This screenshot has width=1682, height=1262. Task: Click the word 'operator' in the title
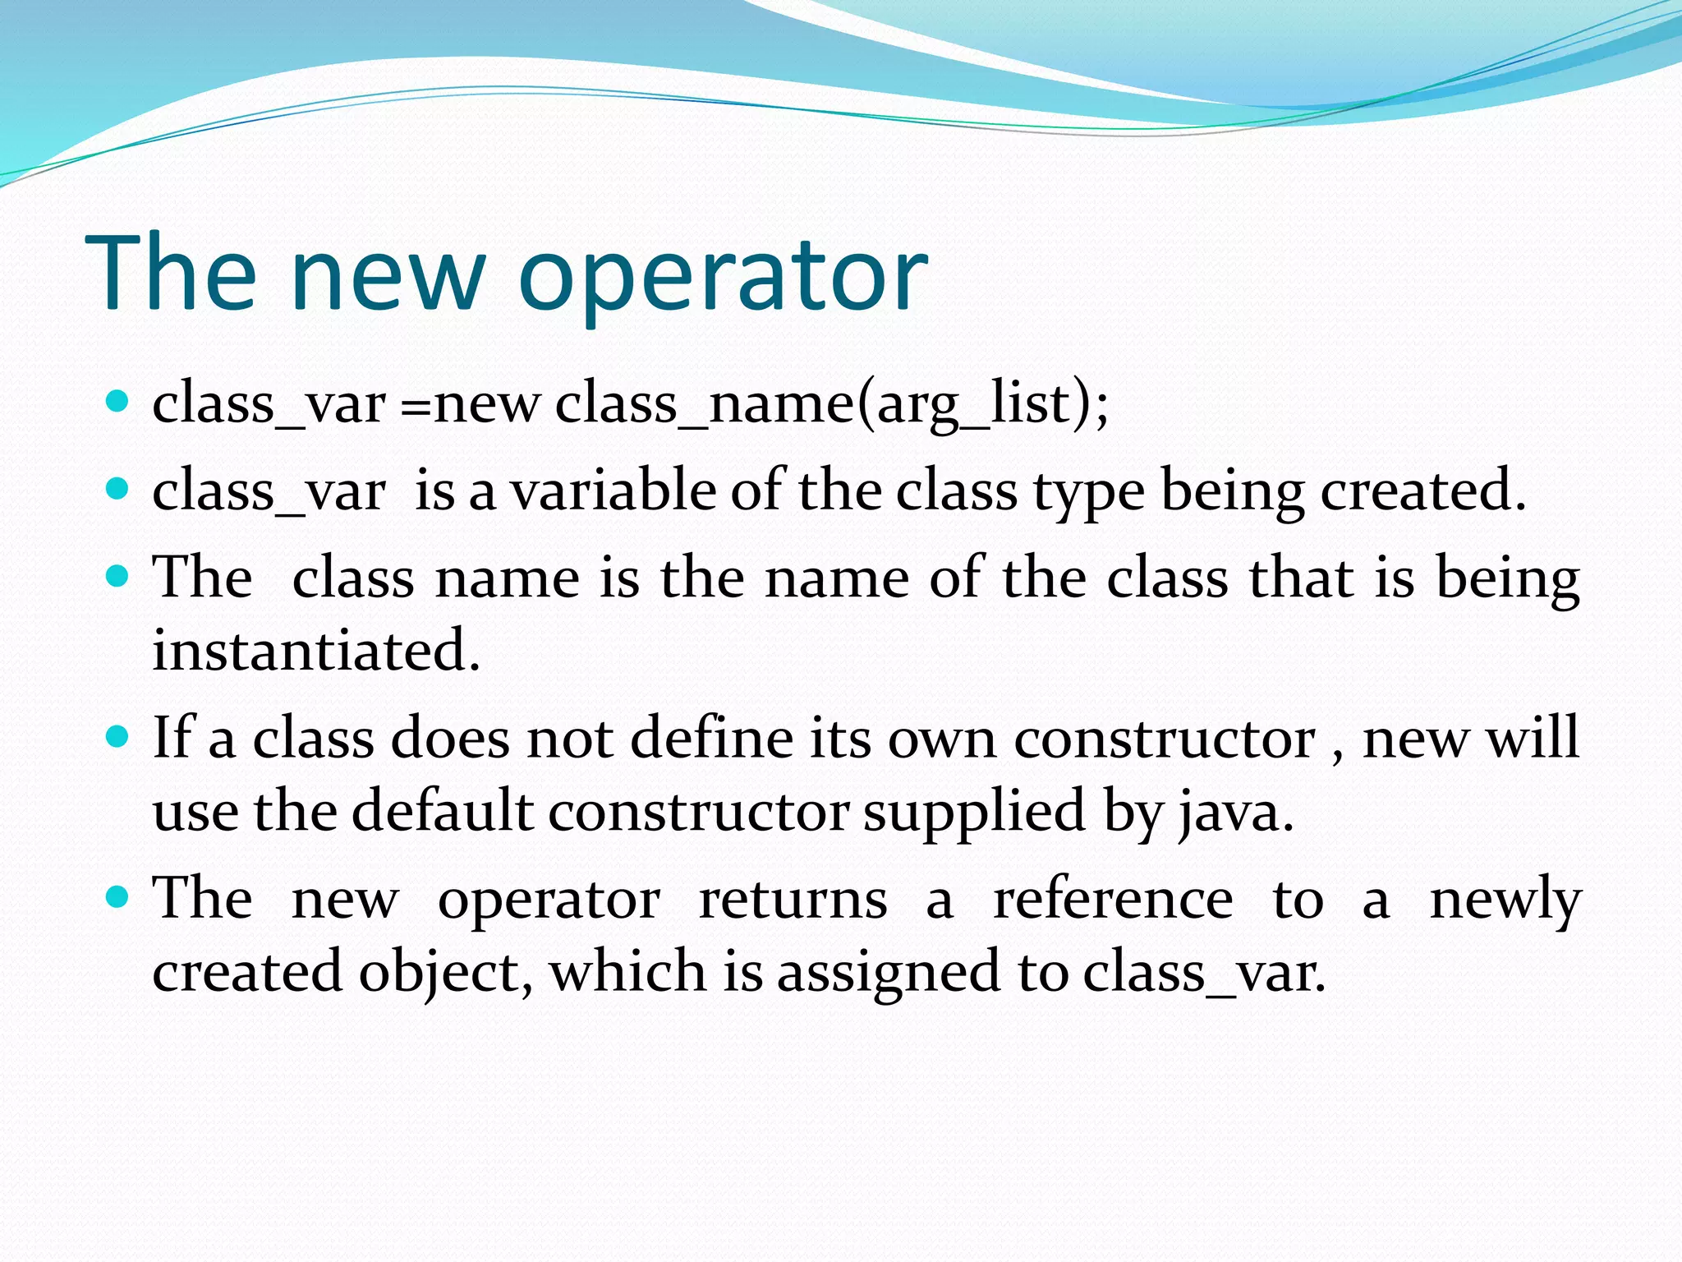723,275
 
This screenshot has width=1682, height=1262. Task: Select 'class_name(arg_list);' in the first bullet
831,404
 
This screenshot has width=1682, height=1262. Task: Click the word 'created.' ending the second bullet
1423,491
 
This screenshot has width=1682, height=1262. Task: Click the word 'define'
711,737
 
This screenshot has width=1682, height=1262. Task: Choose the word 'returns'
793,899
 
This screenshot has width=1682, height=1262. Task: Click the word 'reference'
1113,899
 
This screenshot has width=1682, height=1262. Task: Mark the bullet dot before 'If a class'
118,735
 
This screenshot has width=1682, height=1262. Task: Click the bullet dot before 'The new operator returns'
118,897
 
